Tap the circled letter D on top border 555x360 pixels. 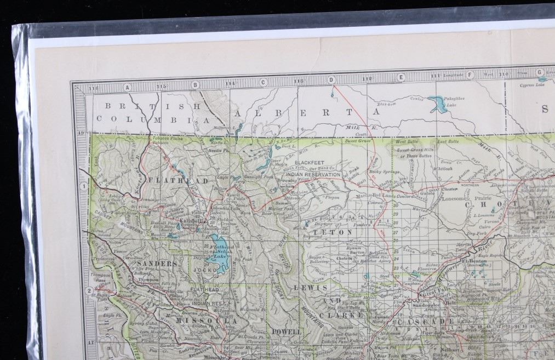tap(331, 80)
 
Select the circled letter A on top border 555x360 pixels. tap(127, 87)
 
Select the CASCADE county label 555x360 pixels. tap(423, 322)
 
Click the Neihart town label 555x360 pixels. tap(449, 348)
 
